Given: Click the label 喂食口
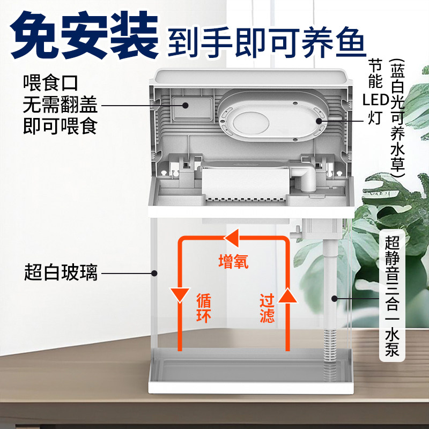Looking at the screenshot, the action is coord(51,83).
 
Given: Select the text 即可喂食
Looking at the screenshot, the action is coord(60,127).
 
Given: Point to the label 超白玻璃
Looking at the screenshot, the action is coord(61,272).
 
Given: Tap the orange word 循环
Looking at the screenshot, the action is coord(204,307).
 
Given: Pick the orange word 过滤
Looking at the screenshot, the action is coord(267,307).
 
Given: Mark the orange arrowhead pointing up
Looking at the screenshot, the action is coord(288,294).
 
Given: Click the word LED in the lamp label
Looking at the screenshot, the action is coord(374,100).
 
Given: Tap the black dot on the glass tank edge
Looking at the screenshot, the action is coord(154,272).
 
